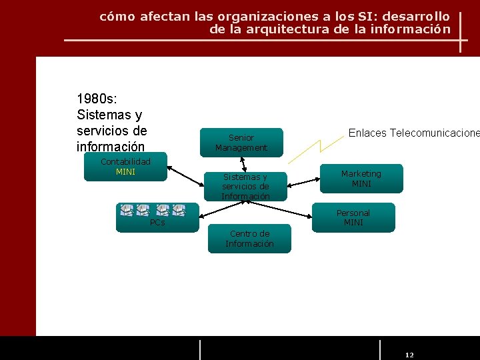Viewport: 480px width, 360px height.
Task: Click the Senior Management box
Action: point(241,143)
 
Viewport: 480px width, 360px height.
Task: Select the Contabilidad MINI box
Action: point(125,167)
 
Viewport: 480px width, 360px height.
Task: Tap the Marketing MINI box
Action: point(361,179)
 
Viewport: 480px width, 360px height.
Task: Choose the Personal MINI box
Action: point(353,217)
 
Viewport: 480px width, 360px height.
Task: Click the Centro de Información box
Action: point(249,239)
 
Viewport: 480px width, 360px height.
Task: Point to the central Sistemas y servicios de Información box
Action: point(245,187)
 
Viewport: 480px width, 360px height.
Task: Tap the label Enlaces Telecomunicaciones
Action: point(413,133)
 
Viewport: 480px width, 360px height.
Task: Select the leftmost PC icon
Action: point(127,210)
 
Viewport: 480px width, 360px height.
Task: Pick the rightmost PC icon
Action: point(179,210)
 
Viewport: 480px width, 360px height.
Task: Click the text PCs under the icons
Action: point(157,223)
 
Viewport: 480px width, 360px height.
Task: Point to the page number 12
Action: point(409,355)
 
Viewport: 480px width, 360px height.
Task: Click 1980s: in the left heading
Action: point(97,99)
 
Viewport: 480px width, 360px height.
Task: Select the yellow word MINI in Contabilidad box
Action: point(125,172)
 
